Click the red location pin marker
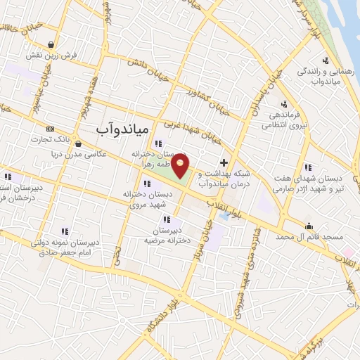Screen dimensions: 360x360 click(181, 165)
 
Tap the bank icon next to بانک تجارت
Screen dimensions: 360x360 click(49, 129)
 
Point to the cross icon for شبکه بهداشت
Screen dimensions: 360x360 click(224, 162)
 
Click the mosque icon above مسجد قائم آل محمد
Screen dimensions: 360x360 click(309, 226)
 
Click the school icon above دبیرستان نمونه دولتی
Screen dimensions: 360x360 click(65, 231)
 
